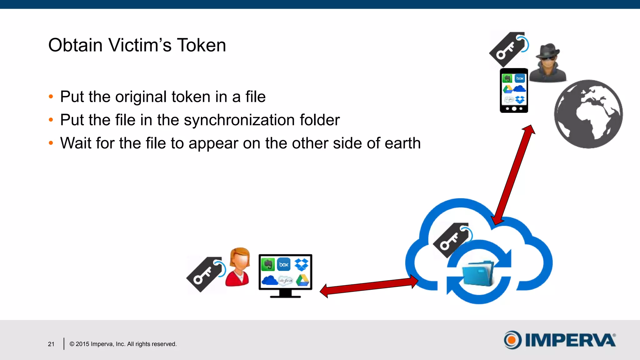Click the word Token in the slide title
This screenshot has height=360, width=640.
coord(201,45)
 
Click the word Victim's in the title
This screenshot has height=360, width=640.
coord(140,45)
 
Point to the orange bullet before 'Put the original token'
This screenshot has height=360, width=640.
coord(51,97)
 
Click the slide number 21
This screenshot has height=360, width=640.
coord(51,344)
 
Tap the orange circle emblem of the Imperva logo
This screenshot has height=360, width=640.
coord(512,340)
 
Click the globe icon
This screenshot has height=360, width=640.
coord(588,114)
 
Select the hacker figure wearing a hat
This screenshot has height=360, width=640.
coord(548,62)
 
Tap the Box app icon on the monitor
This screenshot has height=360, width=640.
coord(284,264)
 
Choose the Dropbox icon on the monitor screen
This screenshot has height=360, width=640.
coord(302,264)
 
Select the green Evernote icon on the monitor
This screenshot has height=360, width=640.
coord(267,264)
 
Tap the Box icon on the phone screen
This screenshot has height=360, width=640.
coord(520,78)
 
